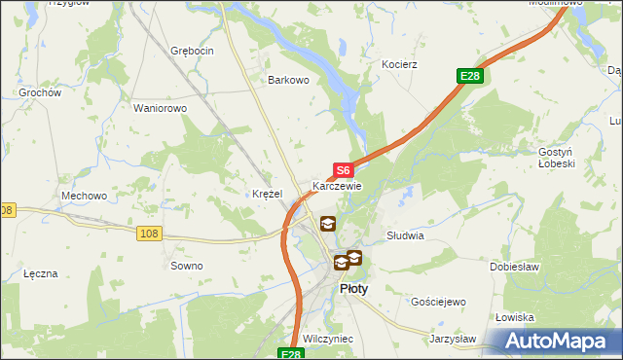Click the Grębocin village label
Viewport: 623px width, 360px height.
(191, 50)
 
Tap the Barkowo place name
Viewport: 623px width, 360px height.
(289, 81)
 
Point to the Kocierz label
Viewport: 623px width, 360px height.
(400, 64)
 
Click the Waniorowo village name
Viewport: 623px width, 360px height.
(160, 108)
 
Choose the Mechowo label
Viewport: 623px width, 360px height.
(84, 196)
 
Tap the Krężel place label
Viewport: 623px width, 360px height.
(267, 194)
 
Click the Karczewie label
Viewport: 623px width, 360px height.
(337, 186)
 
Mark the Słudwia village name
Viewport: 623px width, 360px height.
(405, 235)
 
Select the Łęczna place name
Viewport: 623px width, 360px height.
(41, 273)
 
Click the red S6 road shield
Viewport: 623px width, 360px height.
(343, 170)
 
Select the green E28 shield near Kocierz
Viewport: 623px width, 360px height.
(470, 76)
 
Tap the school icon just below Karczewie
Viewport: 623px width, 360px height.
(328, 224)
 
